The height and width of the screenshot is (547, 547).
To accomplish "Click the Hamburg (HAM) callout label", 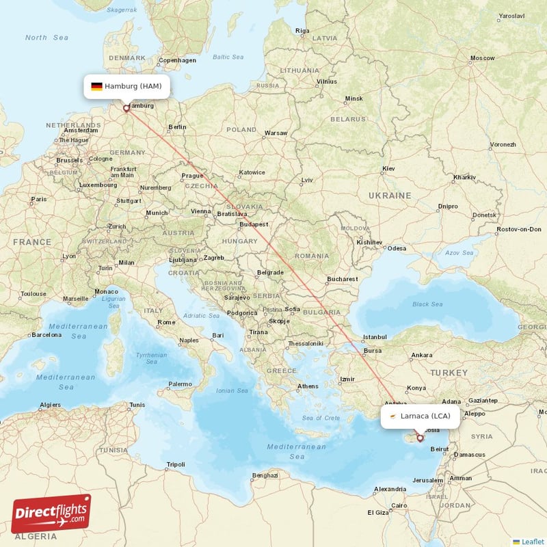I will (126, 86).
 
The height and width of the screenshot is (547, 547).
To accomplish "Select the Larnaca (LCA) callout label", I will (419, 416).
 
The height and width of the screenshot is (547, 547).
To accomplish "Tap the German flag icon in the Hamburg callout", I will (96, 86).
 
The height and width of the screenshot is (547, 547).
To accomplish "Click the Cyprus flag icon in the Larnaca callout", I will (392, 416).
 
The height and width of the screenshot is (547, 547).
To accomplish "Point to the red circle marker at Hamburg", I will (126, 107).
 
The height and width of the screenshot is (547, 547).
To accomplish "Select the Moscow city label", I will (482, 58).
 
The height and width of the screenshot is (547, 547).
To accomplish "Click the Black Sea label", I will (427, 304).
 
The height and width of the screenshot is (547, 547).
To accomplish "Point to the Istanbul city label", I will (375, 336).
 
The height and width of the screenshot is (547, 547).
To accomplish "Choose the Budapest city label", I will (252, 224).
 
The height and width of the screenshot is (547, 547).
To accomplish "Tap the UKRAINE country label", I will (390, 196).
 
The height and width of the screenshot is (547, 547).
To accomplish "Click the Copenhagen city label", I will (177, 60).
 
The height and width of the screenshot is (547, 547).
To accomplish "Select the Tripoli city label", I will (176, 465).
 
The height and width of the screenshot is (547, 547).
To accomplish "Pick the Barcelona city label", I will (46, 335).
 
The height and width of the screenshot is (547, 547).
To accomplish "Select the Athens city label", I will (308, 386).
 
